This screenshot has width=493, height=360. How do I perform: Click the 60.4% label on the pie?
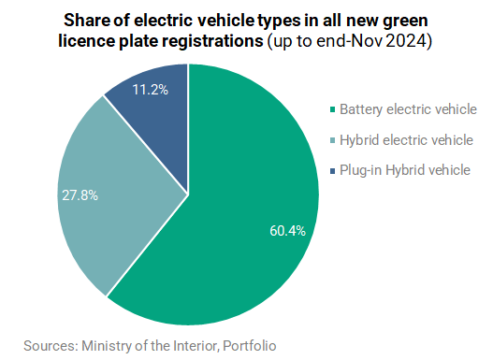point(287,231)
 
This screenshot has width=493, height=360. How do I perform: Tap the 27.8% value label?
point(80,195)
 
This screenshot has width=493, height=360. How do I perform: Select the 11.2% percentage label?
point(151,90)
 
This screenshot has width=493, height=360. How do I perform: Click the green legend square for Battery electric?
point(333,109)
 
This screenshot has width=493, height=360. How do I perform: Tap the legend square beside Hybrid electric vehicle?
point(333,140)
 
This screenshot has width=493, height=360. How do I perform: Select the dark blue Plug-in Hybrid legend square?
point(333,170)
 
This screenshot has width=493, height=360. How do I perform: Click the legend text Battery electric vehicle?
point(408,109)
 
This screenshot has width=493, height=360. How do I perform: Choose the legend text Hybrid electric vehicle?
point(406,140)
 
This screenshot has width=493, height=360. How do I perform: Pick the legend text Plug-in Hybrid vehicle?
point(405,170)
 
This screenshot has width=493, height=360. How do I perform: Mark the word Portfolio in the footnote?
point(250,346)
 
